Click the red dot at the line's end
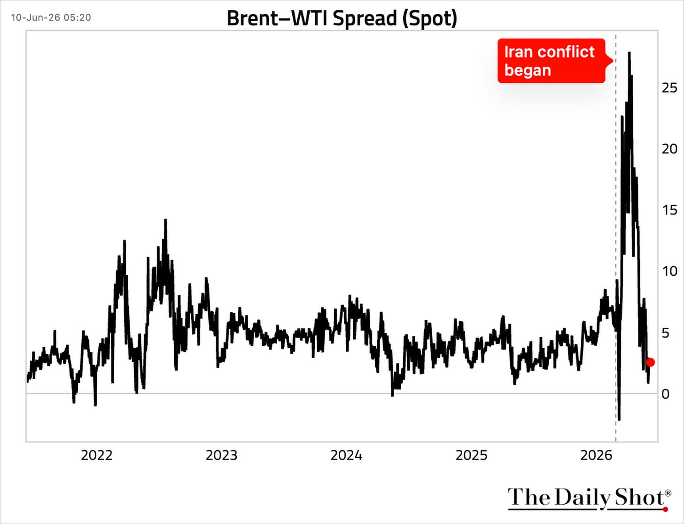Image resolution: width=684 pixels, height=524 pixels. click(650, 362)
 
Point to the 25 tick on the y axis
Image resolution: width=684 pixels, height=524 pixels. click(669, 88)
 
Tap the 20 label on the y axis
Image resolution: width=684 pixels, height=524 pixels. click(669, 149)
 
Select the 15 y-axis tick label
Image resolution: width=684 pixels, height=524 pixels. click(669, 210)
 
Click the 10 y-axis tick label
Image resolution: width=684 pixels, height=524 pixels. click(669, 271)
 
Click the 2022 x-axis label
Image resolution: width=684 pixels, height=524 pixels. click(97, 456)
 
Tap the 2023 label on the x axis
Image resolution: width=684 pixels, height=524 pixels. click(222, 456)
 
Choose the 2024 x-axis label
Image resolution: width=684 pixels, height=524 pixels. click(347, 456)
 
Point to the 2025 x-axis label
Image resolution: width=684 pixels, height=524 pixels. click(472, 456)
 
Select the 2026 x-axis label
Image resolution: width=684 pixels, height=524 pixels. click(597, 456)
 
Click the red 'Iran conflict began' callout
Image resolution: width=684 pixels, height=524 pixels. click(552, 61)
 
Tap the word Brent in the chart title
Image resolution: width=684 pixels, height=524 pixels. click(252, 18)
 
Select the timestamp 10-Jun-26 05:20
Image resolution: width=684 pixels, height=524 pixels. click(51, 17)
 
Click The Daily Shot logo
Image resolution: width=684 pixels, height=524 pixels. click(589, 499)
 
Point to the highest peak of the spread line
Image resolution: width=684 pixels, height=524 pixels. click(630, 53)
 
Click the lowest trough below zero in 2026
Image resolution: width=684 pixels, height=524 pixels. click(619, 420)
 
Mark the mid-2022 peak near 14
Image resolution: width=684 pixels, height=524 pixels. click(165, 220)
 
